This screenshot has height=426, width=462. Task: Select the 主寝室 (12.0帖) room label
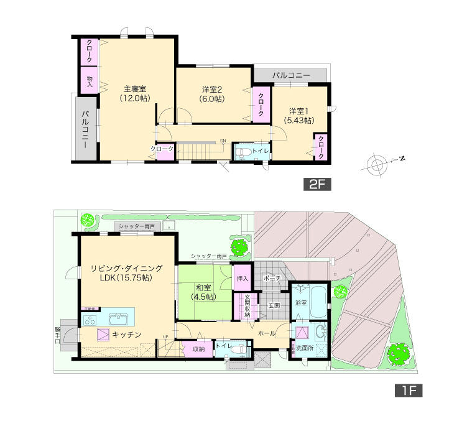pos(134,93)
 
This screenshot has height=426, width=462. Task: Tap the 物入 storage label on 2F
pos(90,81)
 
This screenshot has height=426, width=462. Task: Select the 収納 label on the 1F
pos(199,350)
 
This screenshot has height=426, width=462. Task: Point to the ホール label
pos(267,334)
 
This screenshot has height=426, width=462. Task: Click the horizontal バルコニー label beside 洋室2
pos(290,75)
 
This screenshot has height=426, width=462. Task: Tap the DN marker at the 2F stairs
pos(222,141)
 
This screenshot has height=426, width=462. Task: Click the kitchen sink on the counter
pos(119,319)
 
